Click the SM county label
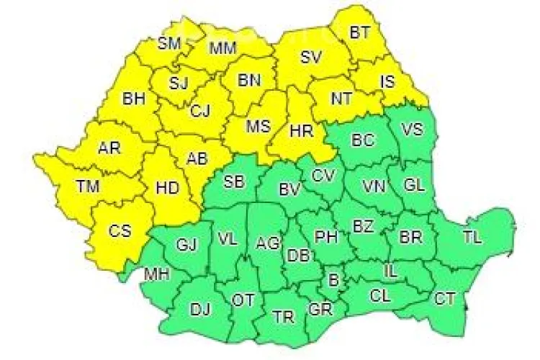tap(169, 43)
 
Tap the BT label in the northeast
tap(359, 32)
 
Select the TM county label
tap(88, 186)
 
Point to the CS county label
tap(120, 231)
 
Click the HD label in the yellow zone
tap(167, 188)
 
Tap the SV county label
tap(310, 57)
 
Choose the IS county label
tap(387, 82)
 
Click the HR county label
tap(300, 131)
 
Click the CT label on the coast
tap(445, 298)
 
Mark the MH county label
tap(156, 275)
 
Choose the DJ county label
tap(200, 310)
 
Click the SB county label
tap(233, 181)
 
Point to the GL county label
tap(414, 185)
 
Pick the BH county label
tap(133, 99)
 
